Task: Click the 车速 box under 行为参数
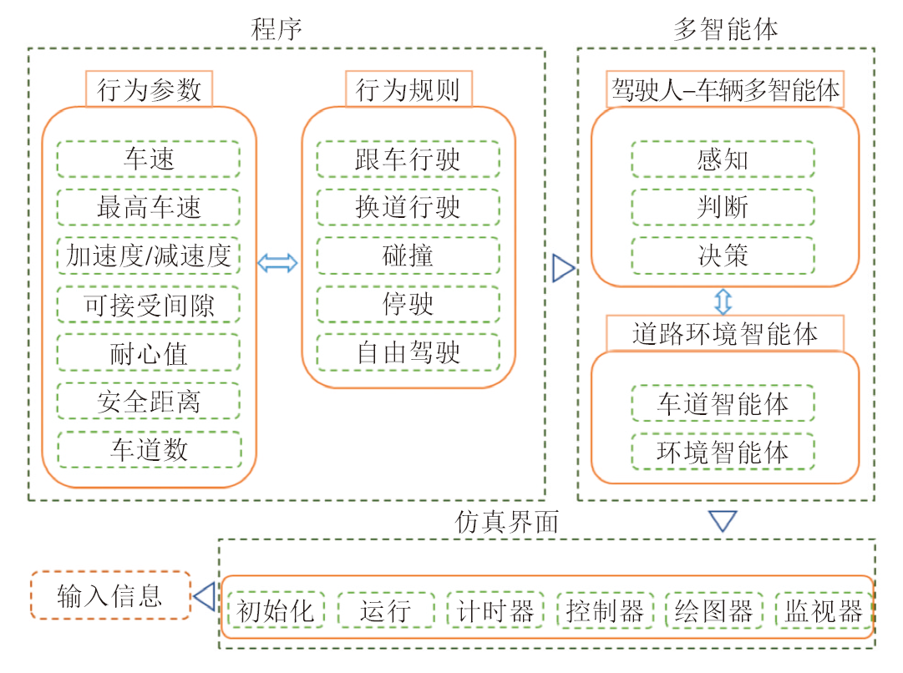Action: (149, 159)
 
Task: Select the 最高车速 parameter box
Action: (149, 208)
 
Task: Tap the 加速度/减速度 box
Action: (149, 256)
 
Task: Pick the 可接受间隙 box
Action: (149, 305)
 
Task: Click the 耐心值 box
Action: (149, 353)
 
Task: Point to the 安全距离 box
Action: (149, 402)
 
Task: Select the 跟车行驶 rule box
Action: (408, 159)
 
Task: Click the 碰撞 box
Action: (408, 256)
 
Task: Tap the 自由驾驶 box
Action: (408, 352)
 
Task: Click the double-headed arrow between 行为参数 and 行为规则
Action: (277, 264)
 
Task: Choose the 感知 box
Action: (723, 159)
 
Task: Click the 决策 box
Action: (723, 256)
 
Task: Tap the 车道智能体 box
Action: (723, 404)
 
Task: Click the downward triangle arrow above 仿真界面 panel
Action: (723, 522)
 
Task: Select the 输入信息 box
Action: (109, 595)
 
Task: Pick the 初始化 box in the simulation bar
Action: (276, 610)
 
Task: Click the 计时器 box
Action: (495, 610)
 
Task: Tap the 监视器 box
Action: (824, 610)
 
